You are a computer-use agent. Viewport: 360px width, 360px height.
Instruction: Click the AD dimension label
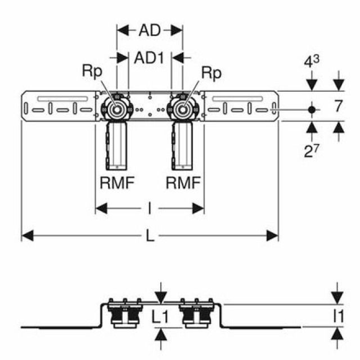click(150, 30)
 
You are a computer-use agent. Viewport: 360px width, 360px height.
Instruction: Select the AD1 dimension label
click(150, 57)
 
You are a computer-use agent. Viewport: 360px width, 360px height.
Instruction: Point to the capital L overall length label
click(150, 236)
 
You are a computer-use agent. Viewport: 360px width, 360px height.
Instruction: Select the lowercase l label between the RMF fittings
click(150, 209)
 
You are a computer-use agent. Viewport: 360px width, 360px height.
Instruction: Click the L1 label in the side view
click(161, 317)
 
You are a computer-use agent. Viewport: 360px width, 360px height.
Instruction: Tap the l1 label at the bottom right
click(338, 317)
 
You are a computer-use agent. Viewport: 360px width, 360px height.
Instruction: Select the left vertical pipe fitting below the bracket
click(117, 145)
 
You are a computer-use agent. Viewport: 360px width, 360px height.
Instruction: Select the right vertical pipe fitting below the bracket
click(183, 145)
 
